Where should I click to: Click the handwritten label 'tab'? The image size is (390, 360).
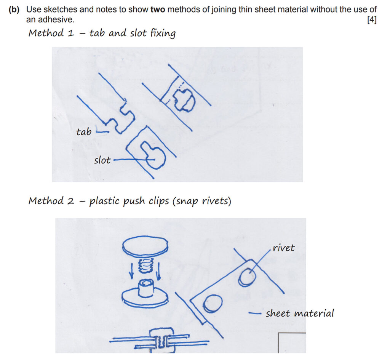click(84, 132)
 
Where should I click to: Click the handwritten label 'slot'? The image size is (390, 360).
click(102, 160)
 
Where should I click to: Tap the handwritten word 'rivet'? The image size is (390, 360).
click(284, 248)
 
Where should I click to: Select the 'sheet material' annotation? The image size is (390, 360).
click(300, 314)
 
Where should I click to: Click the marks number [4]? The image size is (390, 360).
click(372, 19)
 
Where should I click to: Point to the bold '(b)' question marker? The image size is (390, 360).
click(14, 10)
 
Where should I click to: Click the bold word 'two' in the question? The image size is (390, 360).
click(158, 10)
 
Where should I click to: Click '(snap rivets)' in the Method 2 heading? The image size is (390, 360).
click(202, 201)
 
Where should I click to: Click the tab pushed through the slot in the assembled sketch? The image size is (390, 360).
click(184, 100)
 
